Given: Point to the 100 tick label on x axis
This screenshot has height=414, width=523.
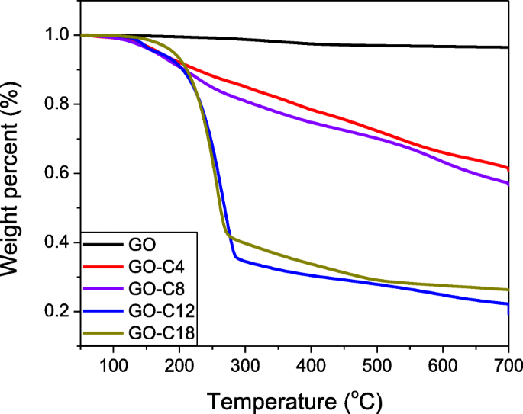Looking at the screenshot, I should tap(113, 367).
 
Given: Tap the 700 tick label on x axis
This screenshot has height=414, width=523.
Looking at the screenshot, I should tap(506, 367).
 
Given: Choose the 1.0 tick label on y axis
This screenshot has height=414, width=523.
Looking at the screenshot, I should tap(61, 35).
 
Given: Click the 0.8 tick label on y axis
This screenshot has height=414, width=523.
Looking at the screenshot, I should tap(61, 104).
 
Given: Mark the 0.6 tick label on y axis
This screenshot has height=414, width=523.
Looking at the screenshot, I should tap(61, 174).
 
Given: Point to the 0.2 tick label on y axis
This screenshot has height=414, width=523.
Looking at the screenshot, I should tap(61, 312).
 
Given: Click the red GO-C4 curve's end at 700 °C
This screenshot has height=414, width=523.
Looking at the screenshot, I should tap(508, 168).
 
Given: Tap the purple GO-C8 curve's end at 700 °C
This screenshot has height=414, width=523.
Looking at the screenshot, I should tap(508, 183).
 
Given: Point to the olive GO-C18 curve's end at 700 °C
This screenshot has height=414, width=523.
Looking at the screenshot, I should tap(508, 290).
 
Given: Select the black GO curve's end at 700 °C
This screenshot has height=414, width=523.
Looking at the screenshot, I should tap(508, 47).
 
